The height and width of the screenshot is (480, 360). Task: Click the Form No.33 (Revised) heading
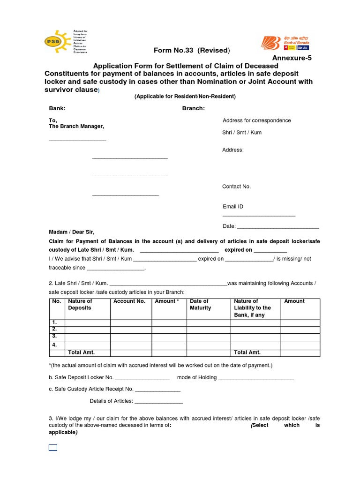pos(192,51)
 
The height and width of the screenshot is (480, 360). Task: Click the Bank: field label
pos(57,108)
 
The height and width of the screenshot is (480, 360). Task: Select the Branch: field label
pos(193,108)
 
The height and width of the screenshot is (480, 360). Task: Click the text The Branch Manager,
pos(76,127)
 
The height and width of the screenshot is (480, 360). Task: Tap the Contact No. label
pos(236,187)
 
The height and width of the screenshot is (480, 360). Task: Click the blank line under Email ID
pos(259,215)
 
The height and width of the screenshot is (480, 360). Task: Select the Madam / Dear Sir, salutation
pos(72,232)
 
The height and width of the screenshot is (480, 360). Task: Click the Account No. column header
pos(129,301)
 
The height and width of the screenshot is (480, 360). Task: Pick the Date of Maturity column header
pos(201,305)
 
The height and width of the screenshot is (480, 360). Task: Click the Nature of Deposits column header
pos(80,305)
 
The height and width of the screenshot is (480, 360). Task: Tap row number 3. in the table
pos(55,336)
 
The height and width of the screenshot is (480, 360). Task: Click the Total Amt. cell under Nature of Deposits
pos(82,352)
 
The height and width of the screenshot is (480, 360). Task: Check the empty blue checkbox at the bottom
pos(53,447)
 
